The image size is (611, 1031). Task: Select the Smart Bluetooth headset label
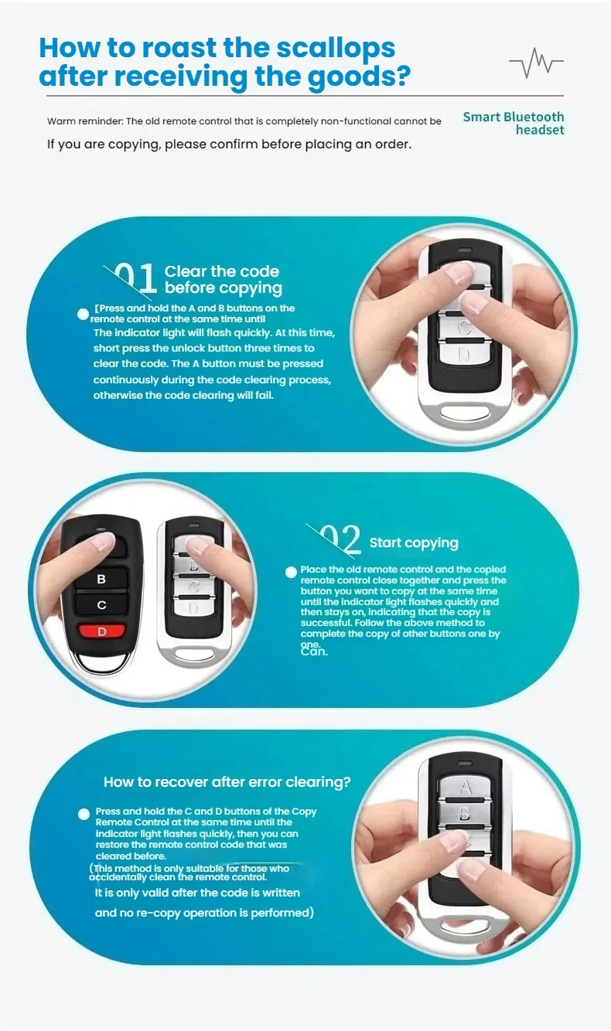514,123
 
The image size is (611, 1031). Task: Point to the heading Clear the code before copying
223,280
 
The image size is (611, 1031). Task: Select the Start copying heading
414,543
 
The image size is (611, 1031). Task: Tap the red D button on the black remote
101,631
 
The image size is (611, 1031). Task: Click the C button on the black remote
101,604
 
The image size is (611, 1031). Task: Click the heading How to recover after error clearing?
227,782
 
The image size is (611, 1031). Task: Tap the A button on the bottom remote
465,788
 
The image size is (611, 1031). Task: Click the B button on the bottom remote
465,814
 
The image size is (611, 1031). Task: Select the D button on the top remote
463,355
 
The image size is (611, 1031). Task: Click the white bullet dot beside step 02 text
291,572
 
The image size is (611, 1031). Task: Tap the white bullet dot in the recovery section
84,814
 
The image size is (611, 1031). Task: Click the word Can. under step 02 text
314,652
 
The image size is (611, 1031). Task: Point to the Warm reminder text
244,121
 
